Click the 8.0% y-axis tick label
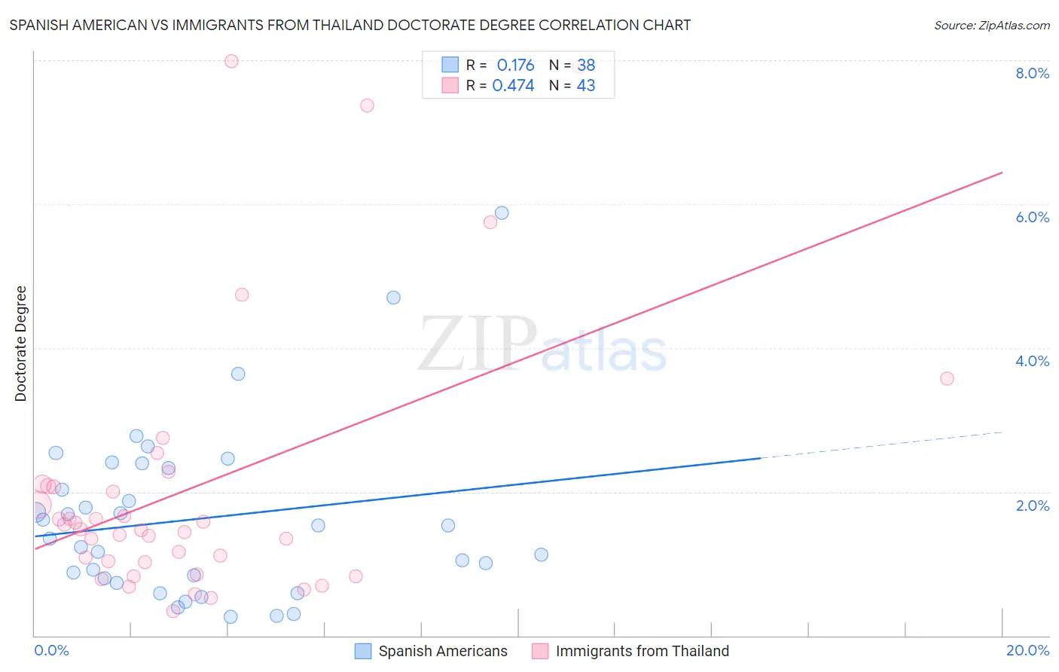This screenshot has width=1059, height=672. [1032, 73]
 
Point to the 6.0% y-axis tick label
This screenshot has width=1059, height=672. [1032, 217]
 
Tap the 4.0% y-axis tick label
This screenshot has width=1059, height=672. [1032, 361]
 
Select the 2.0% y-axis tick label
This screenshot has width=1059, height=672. [1032, 506]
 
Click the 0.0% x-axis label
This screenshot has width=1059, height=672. [51, 651]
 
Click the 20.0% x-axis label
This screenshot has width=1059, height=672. [1027, 651]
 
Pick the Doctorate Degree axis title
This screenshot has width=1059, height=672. [21, 344]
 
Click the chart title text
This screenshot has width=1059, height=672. [349, 25]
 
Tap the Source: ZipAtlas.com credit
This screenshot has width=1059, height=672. [991, 25]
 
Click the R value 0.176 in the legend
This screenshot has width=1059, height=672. [515, 66]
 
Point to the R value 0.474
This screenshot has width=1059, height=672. [513, 86]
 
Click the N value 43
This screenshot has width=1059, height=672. [586, 86]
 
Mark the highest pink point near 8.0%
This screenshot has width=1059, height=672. [231, 61]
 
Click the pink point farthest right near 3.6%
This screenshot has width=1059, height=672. [947, 378]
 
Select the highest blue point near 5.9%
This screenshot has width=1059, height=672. [502, 213]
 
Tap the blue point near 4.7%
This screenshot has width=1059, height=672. [393, 298]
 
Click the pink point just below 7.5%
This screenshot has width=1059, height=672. [367, 105]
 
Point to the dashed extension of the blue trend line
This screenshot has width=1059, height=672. [881, 444]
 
